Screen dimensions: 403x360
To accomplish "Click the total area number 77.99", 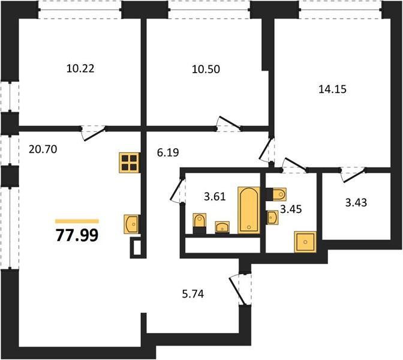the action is [x=77, y=235].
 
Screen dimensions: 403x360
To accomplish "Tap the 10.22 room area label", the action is [x=80, y=68].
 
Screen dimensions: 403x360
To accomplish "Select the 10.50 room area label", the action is [x=206, y=70].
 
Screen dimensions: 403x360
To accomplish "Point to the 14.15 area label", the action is [x=333, y=89].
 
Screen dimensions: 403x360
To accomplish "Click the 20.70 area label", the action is [x=43, y=149].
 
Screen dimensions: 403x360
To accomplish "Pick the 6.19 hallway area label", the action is [x=168, y=153].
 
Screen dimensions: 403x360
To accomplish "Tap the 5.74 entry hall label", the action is [x=193, y=293].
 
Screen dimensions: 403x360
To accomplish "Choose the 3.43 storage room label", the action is [x=356, y=203].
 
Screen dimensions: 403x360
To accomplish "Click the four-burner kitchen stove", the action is [x=130, y=163].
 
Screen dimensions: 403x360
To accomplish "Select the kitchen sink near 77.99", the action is [x=131, y=224].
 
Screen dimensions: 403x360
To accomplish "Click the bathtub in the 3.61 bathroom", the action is [x=249, y=210].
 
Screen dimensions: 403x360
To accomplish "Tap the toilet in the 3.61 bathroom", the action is [x=200, y=223].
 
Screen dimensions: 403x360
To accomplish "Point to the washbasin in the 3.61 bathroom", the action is [x=222, y=227].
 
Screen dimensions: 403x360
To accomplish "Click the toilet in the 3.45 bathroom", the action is [x=276, y=194].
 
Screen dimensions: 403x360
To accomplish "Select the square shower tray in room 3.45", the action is [x=305, y=242].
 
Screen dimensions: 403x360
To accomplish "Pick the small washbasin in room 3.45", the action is [x=272, y=218].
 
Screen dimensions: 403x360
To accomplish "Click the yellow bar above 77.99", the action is [x=77, y=221].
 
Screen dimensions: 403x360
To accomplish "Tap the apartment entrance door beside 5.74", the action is [x=239, y=290].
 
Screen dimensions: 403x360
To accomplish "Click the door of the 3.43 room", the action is [x=353, y=175].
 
